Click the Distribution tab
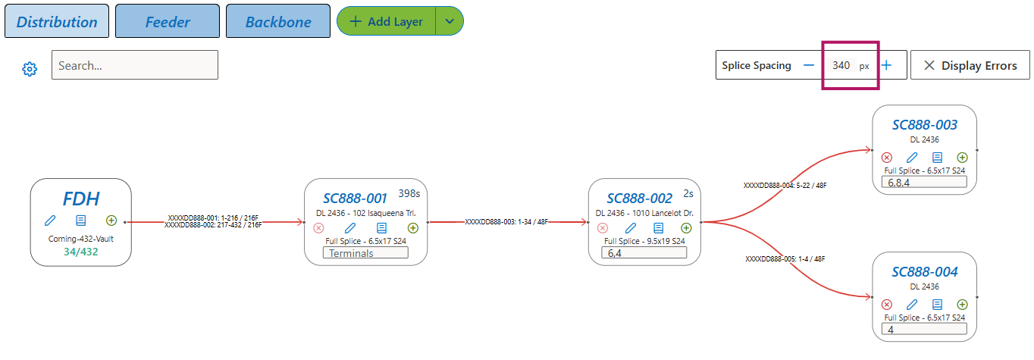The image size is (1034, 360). click(57, 21)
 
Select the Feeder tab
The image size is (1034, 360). click(168, 21)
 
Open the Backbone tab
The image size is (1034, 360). click(278, 21)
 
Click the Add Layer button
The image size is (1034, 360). click(387, 21)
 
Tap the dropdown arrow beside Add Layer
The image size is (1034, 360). click(450, 21)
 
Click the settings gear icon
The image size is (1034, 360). click(30, 69)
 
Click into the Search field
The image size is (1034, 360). click(135, 65)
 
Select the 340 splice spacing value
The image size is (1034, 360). click(841, 65)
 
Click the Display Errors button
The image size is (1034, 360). click(970, 65)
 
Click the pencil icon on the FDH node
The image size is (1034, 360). click(50, 221)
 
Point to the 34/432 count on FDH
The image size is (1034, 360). click(81, 252)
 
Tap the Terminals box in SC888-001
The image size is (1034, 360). click(365, 253)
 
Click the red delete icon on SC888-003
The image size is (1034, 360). click(887, 158)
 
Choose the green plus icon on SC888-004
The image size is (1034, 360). click(963, 305)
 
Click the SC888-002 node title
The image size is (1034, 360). click(639, 199)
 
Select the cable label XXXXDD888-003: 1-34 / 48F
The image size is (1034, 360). click(506, 222)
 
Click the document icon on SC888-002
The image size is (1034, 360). click(659, 228)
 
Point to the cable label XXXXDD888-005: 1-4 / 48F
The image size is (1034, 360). click(785, 259)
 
